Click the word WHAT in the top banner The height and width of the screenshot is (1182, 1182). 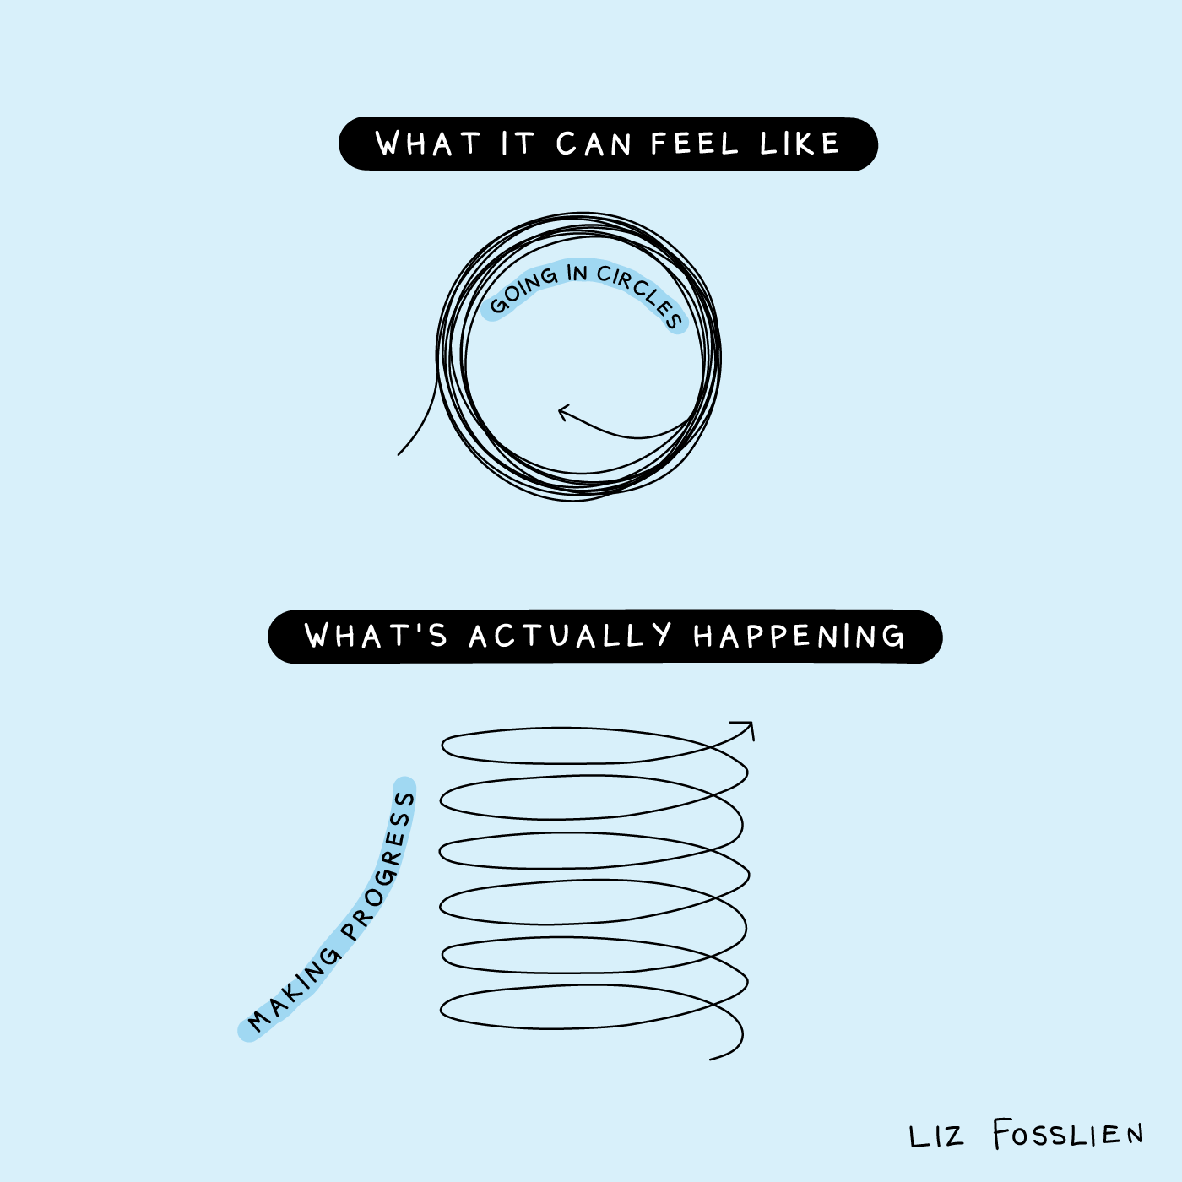428,144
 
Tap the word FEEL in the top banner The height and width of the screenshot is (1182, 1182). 695,144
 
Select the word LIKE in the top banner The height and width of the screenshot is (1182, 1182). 800,144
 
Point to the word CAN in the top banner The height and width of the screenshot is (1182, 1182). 594,144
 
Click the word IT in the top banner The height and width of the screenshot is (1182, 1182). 518,144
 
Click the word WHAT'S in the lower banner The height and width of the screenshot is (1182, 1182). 376,636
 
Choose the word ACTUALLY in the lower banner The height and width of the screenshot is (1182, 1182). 571,636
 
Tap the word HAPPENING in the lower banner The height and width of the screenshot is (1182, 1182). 799,636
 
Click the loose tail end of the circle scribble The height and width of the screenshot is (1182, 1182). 399,453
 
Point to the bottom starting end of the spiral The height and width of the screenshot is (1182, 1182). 711,1059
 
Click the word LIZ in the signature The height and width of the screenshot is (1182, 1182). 935,1136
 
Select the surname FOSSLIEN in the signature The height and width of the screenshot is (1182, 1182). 1068,1134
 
